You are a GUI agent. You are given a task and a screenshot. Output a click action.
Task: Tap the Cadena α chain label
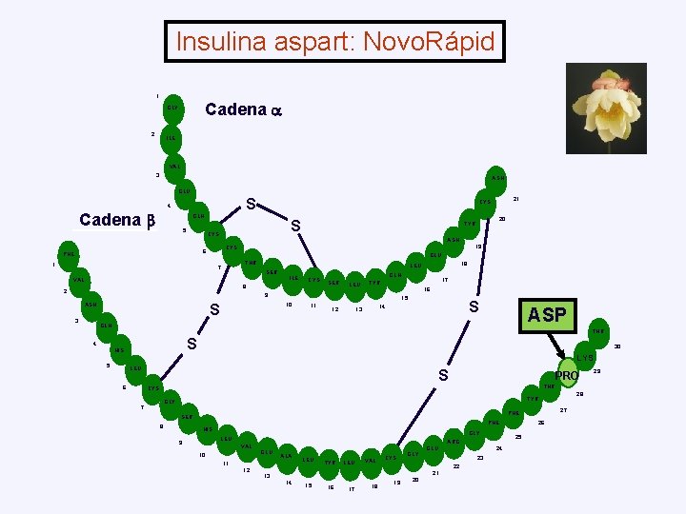[x=244, y=109]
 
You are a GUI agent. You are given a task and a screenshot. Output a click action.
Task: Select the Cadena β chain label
[x=116, y=221]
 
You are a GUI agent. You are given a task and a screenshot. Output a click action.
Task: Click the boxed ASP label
[x=547, y=315]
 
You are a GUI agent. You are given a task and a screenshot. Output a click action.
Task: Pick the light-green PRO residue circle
[x=567, y=376]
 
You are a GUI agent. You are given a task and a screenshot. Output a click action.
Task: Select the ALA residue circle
[x=285, y=456]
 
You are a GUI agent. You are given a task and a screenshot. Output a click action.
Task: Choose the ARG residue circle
[x=453, y=442]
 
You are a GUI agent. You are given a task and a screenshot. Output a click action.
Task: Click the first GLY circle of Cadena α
[x=173, y=108]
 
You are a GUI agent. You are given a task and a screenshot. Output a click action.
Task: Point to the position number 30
[x=617, y=346]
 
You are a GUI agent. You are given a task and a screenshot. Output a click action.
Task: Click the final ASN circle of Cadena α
[x=498, y=178]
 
